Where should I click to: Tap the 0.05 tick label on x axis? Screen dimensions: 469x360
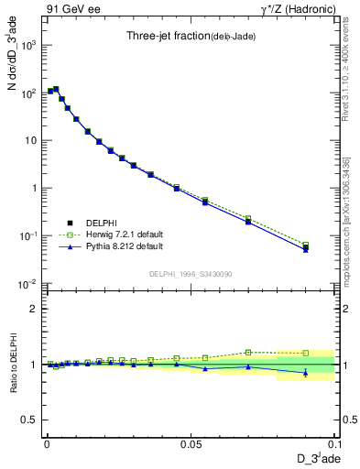pyautogui.click(x=190, y=443)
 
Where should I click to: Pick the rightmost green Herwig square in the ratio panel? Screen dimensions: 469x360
pyautogui.click(x=306, y=353)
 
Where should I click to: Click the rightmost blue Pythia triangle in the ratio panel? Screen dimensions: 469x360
pyautogui.click(x=306, y=372)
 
